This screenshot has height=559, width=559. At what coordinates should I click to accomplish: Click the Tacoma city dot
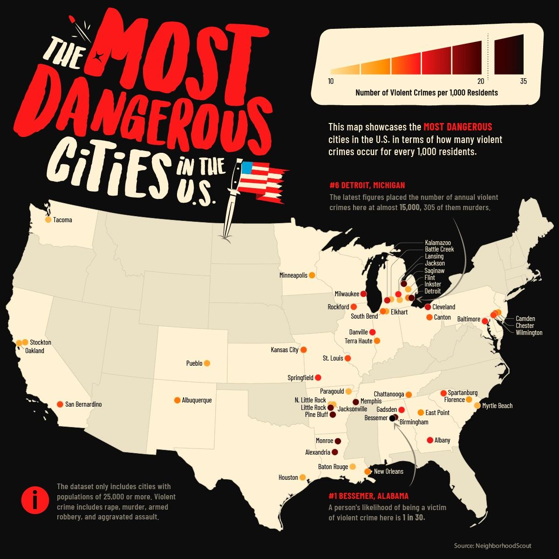pyautogui.click(x=48, y=219)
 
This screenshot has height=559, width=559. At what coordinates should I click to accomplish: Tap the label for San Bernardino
pyautogui.click(x=83, y=404)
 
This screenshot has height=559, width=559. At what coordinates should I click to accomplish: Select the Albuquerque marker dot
pyautogui.click(x=177, y=400)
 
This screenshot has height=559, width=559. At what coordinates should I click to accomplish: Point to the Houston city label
pyautogui.click(x=288, y=477)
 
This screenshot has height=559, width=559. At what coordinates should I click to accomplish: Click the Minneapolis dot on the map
pyautogui.click(x=312, y=275)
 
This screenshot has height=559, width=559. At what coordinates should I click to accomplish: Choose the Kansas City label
pyautogui.click(x=285, y=350)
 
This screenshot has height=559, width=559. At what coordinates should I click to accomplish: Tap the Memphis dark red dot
pyautogui.click(x=356, y=402)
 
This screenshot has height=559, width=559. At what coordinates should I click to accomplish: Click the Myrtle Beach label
pyautogui.click(x=497, y=406)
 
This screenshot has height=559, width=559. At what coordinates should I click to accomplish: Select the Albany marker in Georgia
pyautogui.click(x=430, y=440)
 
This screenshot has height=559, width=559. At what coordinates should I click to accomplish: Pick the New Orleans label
pyautogui.click(x=389, y=471)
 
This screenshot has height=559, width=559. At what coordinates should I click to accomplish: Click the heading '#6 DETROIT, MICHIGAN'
pyautogui.click(x=367, y=185)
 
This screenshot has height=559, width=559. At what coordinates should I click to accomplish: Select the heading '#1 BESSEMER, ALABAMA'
pyautogui.click(x=368, y=496)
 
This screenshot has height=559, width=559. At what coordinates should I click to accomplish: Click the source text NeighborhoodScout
pyautogui.click(x=492, y=545)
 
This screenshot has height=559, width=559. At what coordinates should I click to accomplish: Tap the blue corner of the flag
pyautogui.click(x=246, y=167)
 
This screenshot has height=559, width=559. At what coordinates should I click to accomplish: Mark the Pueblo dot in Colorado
pyautogui.click(x=207, y=363)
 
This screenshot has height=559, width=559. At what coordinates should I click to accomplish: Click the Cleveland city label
pyautogui.click(x=443, y=307)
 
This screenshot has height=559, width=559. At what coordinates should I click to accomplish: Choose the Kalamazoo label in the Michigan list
pyautogui.click(x=438, y=243)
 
